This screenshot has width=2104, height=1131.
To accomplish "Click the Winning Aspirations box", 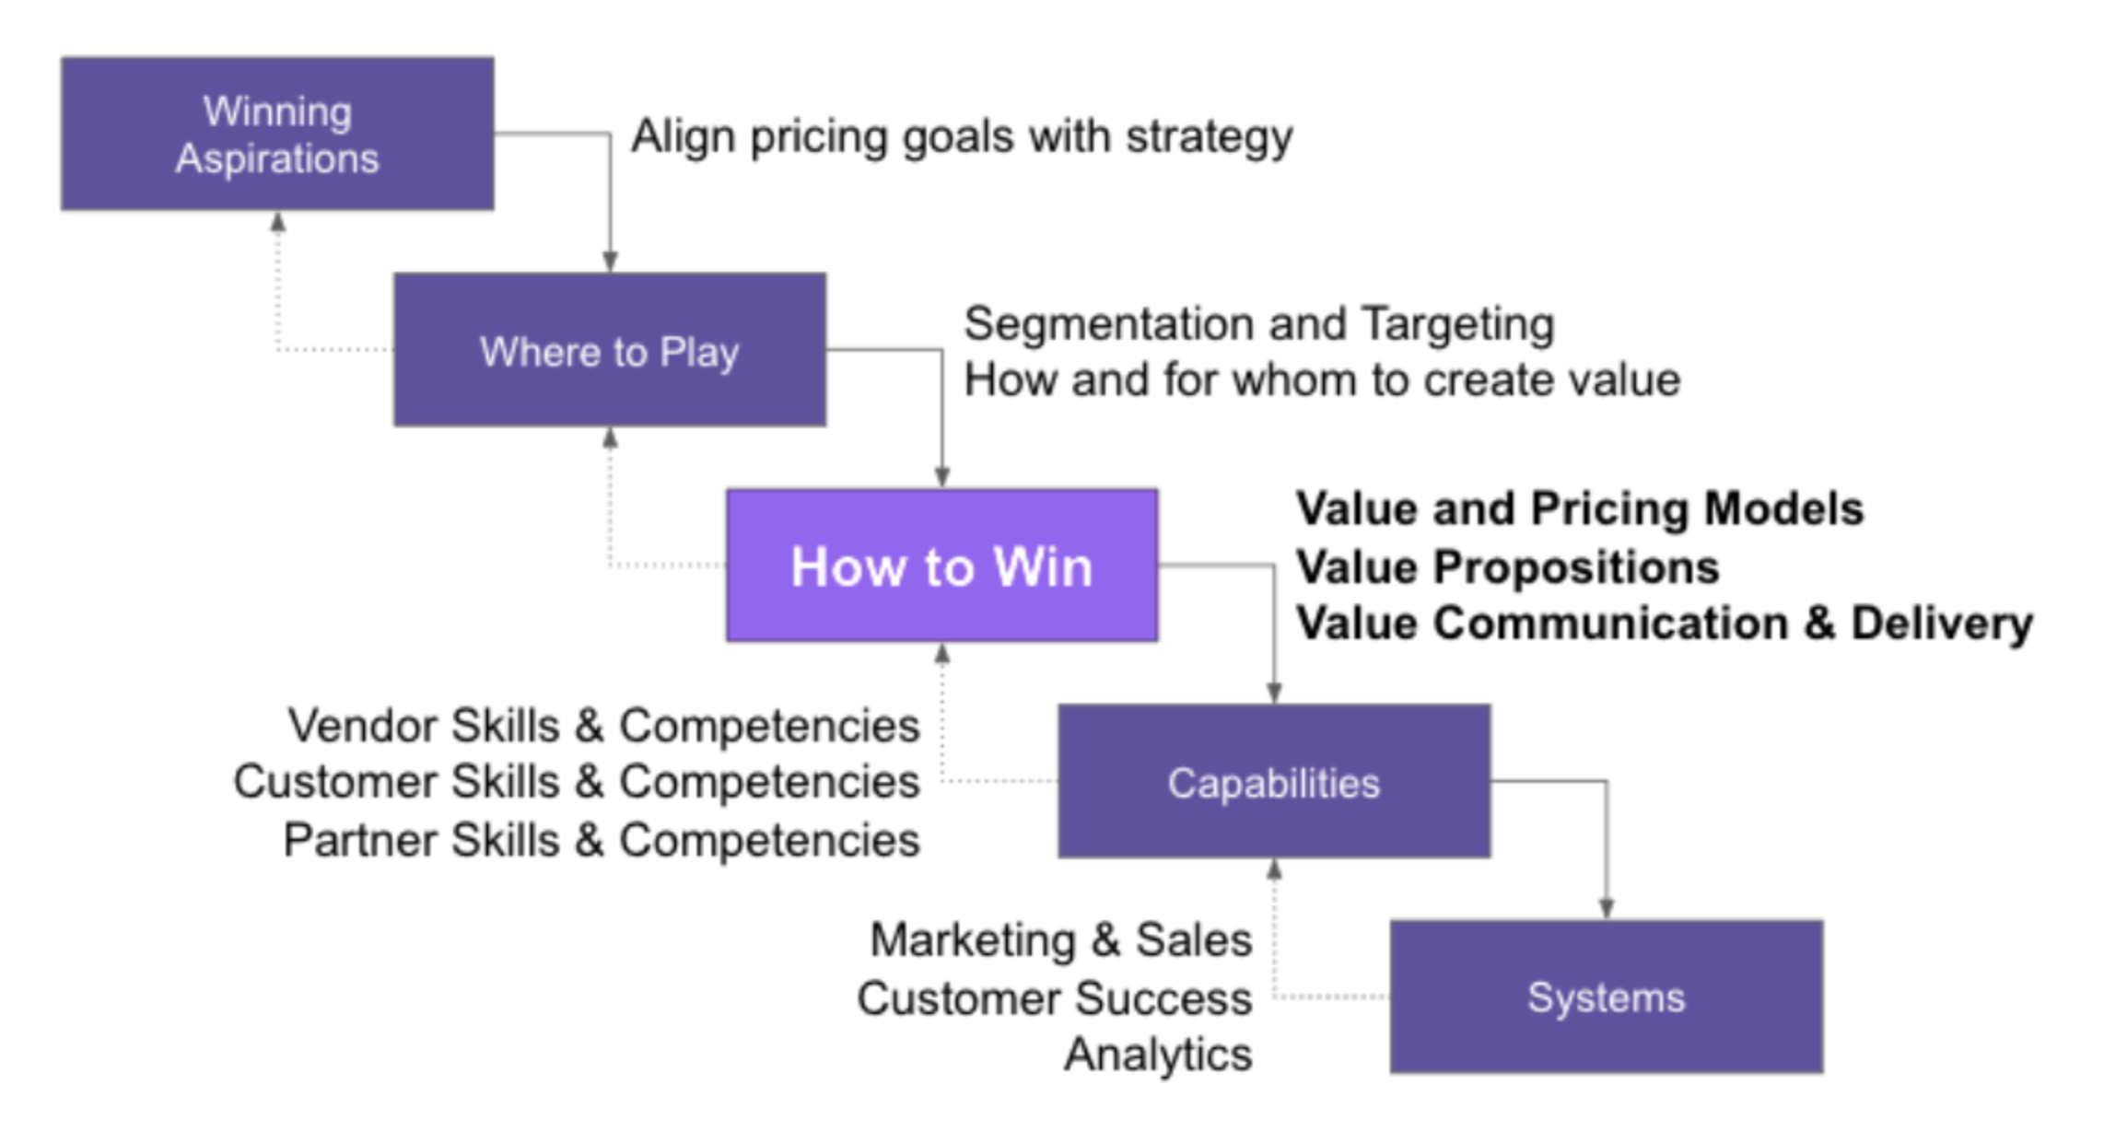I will (x=277, y=134).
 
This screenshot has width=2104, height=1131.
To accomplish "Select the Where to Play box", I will (x=609, y=350).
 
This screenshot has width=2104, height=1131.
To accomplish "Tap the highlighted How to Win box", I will (x=941, y=565).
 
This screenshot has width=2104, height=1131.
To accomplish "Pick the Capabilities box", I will (x=1273, y=782).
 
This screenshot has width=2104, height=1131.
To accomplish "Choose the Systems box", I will (x=1606, y=997).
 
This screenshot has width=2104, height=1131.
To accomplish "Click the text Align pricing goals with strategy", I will (x=961, y=137).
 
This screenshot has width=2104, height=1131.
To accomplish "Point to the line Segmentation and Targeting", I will (x=1258, y=324).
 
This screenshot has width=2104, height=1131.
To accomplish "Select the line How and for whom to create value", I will (x=1321, y=380).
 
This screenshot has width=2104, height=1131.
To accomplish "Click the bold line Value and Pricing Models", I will (x=1579, y=509).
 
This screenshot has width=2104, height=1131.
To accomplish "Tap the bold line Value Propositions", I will (x=1507, y=567).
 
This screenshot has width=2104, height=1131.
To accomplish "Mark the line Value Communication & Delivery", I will (x=1664, y=624).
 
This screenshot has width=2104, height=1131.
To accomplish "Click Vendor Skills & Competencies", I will (x=603, y=726).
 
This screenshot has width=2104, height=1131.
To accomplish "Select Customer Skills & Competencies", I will (x=576, y=782).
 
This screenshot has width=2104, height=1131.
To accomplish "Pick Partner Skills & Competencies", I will (x=601, y=840).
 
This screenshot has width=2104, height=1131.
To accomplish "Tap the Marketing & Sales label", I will (x=1060, y=940).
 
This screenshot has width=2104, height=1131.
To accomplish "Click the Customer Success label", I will (x=1054, y=998).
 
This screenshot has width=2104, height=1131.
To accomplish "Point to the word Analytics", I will (x=1158, y=1055).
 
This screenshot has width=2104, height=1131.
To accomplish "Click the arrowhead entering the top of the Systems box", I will (x=1606, y=908).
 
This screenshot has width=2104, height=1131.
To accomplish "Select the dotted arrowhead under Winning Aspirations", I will (x=277, y=223).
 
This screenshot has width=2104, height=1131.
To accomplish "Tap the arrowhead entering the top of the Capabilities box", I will (x=1273, y=693).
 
